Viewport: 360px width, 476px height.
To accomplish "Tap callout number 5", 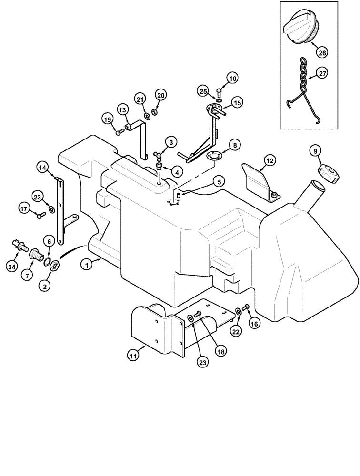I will [x=219, y=181].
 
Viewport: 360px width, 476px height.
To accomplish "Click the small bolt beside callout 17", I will [x=40, y=215].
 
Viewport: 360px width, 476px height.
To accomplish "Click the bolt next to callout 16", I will [x=246, y=307].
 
